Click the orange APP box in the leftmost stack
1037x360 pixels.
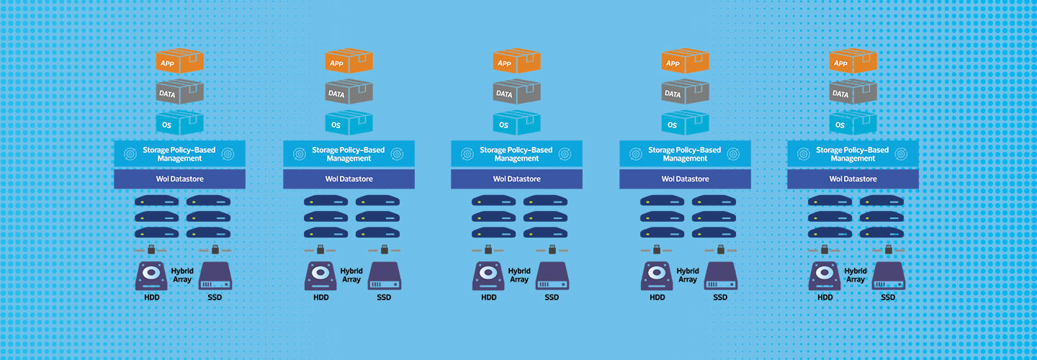[x=179, y=60]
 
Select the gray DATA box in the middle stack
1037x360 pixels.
[x=516, y=91]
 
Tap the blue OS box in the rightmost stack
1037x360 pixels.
[x=853, y=122]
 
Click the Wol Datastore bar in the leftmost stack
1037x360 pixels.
[x=179, y=179]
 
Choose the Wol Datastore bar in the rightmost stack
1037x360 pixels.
[x=853, y=179]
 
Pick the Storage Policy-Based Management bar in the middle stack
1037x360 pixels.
[x=516, y=153]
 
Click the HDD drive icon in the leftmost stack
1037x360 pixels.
[x=151, y=276]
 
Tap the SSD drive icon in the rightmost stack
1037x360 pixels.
[x=889, y=276]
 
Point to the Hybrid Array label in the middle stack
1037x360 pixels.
[x=519, y=275]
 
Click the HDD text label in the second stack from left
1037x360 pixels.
[x=321, y=297]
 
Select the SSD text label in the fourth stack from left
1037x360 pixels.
[x=720, y=297]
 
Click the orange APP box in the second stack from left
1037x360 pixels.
[x=349, y=60]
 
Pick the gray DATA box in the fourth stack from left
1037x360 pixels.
[x=685, y=91]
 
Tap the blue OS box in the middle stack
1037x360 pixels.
[x=516, y=122]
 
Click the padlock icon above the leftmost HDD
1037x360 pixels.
[x=151, y=249]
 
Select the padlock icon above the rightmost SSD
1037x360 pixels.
[x=889, y=249]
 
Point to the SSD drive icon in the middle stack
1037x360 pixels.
[x=552, y=276]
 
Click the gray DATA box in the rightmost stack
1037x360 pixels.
[x=853, y=91]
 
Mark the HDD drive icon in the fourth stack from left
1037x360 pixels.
[x=657, y=276]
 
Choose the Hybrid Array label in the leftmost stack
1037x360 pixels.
[x=182, y=275]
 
